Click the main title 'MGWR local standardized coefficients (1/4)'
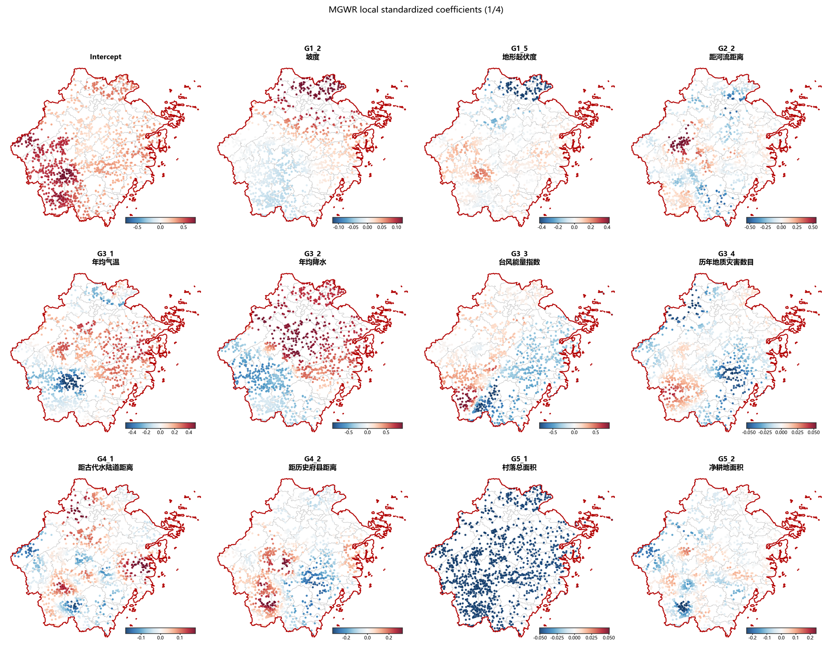416,10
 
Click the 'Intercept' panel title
106,57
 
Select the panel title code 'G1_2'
312,49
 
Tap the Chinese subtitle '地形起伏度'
519,57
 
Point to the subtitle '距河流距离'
726,57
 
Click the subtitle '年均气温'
106,262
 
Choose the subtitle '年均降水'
312,262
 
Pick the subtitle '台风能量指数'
519,262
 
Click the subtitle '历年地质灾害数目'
726,262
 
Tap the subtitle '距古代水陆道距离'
106,467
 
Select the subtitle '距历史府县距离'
312,467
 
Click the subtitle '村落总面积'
519,467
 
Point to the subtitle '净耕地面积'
726,467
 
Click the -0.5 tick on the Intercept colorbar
137,227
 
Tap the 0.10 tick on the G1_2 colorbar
396,227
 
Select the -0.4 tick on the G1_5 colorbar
542,227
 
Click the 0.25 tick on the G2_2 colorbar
797,227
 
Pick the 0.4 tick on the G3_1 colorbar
189,432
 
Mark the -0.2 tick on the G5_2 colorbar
752,638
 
